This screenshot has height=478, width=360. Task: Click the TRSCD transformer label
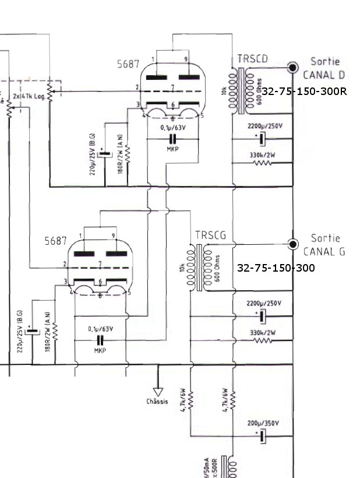tap(253, 59)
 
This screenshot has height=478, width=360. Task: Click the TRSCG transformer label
tap(210, 236)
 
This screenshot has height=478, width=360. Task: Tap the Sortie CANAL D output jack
tap(293, 68)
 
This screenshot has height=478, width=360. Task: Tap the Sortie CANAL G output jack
tap(293, 244)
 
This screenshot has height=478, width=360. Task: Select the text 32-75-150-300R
tap(304, 92)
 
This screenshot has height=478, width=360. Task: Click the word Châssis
tap(158, 402)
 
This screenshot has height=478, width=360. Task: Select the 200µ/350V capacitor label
tap(263, 423)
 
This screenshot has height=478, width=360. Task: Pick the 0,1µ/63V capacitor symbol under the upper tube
tap(172, 139)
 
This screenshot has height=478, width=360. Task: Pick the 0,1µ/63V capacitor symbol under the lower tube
tap(100, 340)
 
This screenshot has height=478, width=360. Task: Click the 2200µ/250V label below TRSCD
tap(264, 125)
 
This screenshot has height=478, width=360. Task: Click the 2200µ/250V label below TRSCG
tap(264, 303)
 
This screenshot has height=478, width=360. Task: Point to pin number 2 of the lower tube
tap(65, 265)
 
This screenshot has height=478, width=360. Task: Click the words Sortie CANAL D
tap(324, 68)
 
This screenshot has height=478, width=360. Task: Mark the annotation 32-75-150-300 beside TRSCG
tap(276, 268)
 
